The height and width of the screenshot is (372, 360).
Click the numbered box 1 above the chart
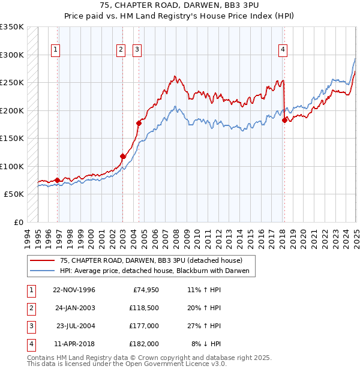(55, 50)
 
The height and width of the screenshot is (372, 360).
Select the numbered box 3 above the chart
(137, 50)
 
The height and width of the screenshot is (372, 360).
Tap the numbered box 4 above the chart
(282, 50)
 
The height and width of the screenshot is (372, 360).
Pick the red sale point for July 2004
(139, 123)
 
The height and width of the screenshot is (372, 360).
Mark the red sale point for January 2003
(122, 156)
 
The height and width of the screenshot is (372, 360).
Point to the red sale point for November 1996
(58, 180)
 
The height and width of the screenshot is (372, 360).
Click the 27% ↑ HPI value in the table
(205, 326)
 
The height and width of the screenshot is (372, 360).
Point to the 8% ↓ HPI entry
(206, 344)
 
